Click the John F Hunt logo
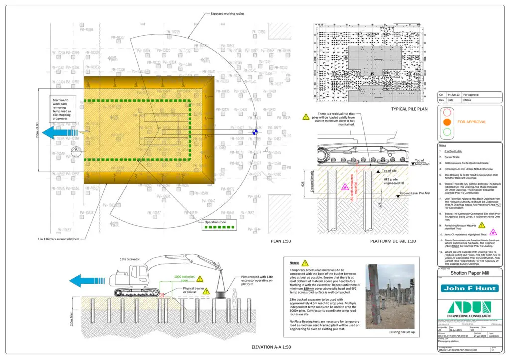point(469,288)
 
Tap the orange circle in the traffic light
point(447,121)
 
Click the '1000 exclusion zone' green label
point(177,279)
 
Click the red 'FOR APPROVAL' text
point(472,121)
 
